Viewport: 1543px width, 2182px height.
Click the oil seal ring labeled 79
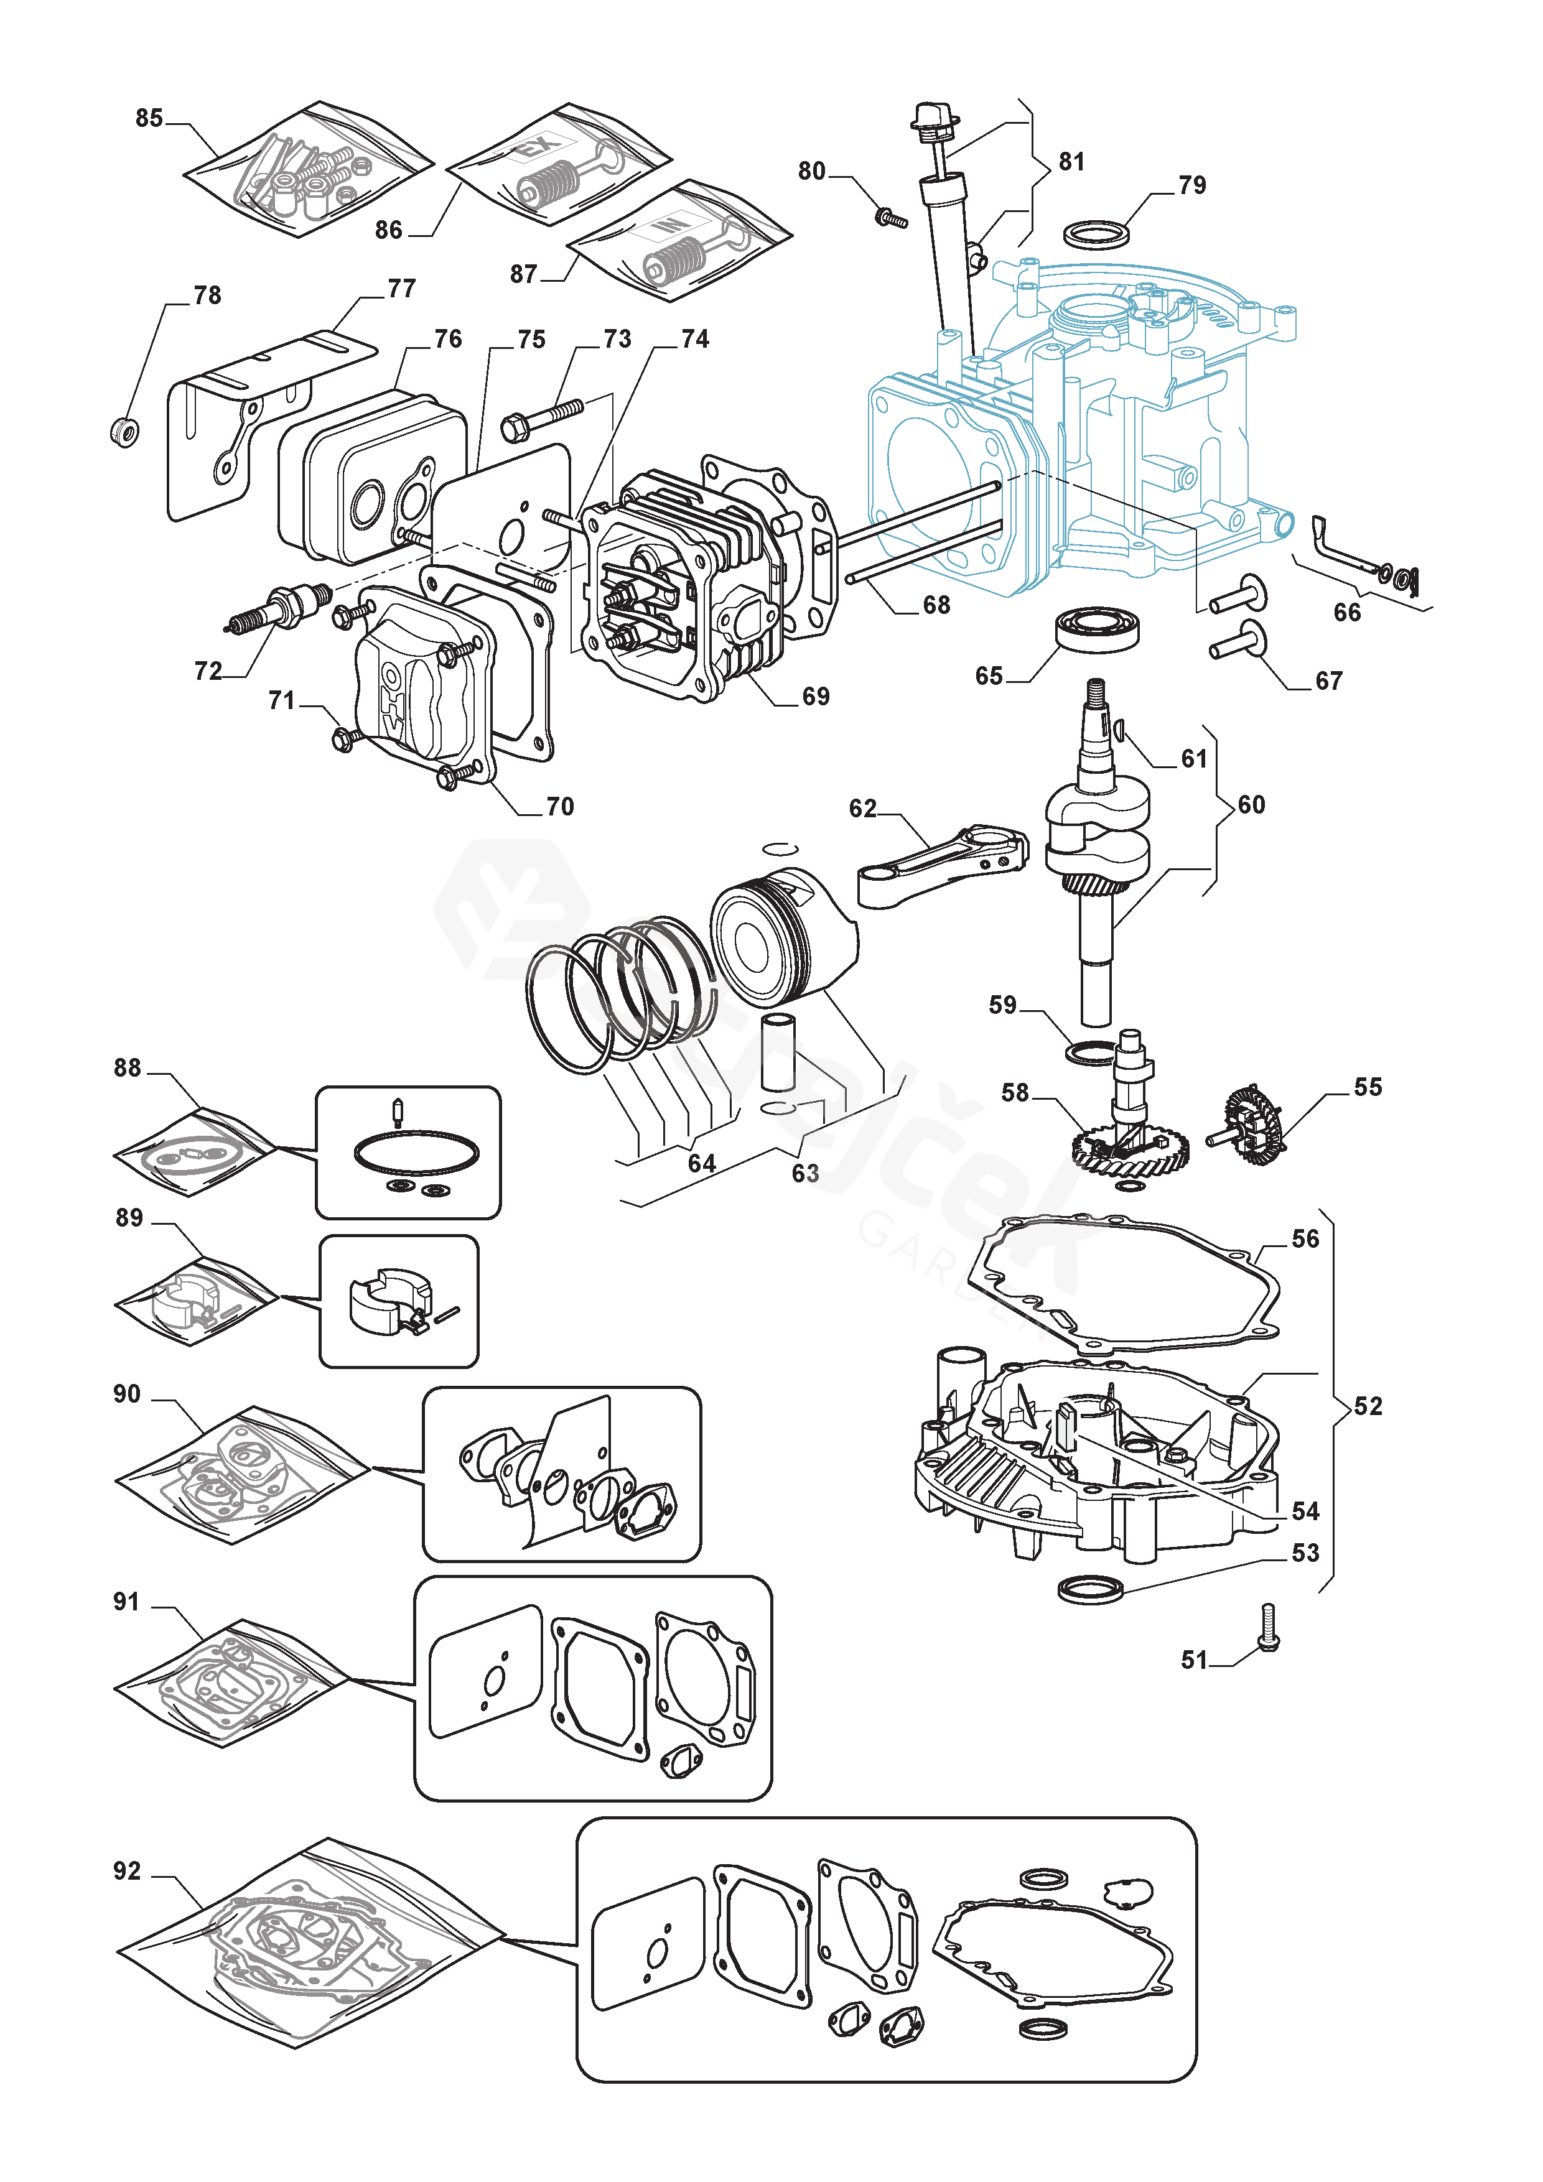click(1098, 233)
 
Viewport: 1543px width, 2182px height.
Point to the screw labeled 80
click(890, 218)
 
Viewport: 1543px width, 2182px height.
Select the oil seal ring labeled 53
click(1091, 1588)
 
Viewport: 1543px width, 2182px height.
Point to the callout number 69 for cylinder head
click(815, 697)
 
